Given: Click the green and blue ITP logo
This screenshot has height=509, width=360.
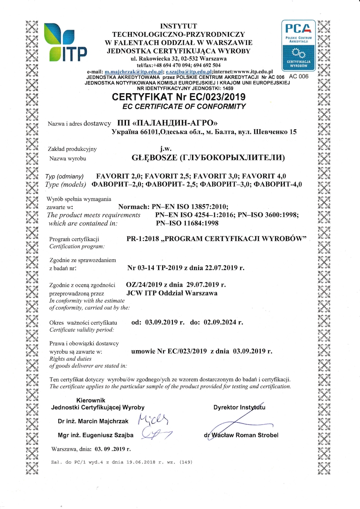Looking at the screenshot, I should click(65, 42).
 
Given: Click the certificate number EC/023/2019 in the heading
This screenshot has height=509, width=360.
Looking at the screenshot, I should click(211, 97).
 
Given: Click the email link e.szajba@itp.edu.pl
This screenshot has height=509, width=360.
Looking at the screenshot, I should click(189, 72).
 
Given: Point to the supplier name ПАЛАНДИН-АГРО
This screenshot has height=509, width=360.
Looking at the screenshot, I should click(168, 123).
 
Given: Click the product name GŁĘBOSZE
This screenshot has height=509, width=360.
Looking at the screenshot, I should click(154, 158).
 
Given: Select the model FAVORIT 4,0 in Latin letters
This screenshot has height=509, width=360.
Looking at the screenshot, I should click(264, 176).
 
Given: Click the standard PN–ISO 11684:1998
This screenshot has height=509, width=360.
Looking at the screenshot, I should click(187, 223).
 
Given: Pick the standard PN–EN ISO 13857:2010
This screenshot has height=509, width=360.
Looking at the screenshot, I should click(190, 206).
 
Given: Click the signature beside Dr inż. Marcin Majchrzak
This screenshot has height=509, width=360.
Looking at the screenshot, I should click(153, 419).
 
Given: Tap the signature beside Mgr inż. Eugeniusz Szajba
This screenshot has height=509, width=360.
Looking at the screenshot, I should click(156, 433).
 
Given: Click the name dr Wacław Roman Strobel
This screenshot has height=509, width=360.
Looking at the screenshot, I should click(241, 435).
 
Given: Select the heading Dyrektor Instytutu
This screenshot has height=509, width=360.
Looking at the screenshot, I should click(239, 407).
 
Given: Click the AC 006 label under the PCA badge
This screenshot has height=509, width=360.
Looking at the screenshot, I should click(299, 76).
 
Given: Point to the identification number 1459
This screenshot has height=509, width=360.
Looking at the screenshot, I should click(228, 88).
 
